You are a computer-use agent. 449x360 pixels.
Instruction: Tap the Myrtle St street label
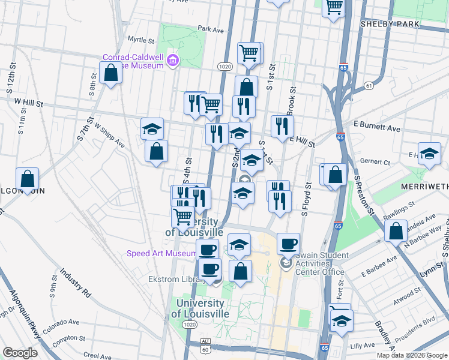[x=142, y=40]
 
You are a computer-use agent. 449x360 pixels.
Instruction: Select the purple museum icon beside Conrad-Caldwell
[x=173, y=60]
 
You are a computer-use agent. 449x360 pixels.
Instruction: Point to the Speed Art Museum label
[x=160, y=254]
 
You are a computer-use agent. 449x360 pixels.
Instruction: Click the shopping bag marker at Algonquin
[x=28, y=179]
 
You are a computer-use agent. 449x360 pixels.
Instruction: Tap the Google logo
[x=20, y=353]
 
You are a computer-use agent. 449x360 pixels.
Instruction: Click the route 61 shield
[x=368, y=86]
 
